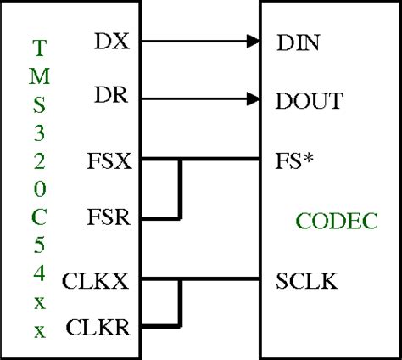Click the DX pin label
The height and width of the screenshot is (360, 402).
point(112,40)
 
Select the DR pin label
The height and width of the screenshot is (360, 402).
point(112,98)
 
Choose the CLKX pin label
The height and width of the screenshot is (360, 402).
point(96,281)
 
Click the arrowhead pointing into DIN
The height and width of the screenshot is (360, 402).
point(252,40)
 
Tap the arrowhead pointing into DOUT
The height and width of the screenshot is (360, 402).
point(252,98)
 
